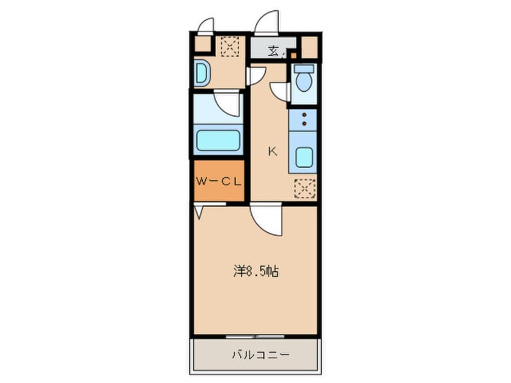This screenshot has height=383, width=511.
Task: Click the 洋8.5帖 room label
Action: (x=256, y=272)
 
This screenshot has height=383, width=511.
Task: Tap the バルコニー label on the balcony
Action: (x=256, y=355)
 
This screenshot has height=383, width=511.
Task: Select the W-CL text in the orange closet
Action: (x=219, y=181)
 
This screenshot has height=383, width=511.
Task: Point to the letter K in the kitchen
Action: (x=272, y=152)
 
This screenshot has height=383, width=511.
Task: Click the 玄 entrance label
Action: (x=274, y=51)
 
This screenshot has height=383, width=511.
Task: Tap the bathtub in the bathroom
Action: (x=217, y=141)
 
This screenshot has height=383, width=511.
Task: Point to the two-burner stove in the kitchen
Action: (x=304, y=120)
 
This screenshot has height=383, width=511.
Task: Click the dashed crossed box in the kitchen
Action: (x=304, y=190)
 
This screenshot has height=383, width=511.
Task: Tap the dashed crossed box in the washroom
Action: (x=229, y=46)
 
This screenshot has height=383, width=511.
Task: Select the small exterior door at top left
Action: (x=205, y=26)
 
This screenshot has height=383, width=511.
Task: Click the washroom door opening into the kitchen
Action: (x=256, y=75)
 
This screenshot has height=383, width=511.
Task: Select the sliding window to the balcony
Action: (x=256, y=335)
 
